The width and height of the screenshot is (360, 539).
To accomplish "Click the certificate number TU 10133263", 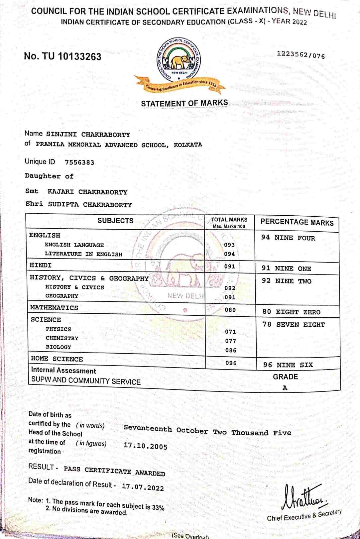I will click(x=62, y=56).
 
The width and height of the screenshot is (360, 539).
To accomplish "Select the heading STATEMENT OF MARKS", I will click(x=184, y=103).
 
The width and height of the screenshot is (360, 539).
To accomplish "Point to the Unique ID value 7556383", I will click(x=79, y=162).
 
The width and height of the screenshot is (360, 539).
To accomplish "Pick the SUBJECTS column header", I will click(x=115, y=221).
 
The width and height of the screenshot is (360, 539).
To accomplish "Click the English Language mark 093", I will click(x=229, y=245).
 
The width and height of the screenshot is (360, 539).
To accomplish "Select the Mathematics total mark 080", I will click(x=230, y=310).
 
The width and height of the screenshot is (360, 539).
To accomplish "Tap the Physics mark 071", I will click(x=230, y=332).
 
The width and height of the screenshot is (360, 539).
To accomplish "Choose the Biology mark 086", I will click(x=231, y=350).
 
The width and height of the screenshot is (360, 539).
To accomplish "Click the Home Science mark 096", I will click(x=231, y=363).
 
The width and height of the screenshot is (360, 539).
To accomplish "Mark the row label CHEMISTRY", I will click(x=62, y=338).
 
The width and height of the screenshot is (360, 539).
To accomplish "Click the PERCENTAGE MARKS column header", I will click(x=297, y=222).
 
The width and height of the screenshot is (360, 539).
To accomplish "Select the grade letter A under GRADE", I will click(x=285, y=388).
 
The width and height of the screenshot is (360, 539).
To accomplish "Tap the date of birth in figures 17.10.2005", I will click(x=146, y=446).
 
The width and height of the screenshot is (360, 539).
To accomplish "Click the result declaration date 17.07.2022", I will click(x=143, y=487).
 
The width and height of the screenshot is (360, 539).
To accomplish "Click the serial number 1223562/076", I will click(x=301, y=55).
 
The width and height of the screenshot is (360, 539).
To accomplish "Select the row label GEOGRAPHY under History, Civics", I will click(x=62, y=296).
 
